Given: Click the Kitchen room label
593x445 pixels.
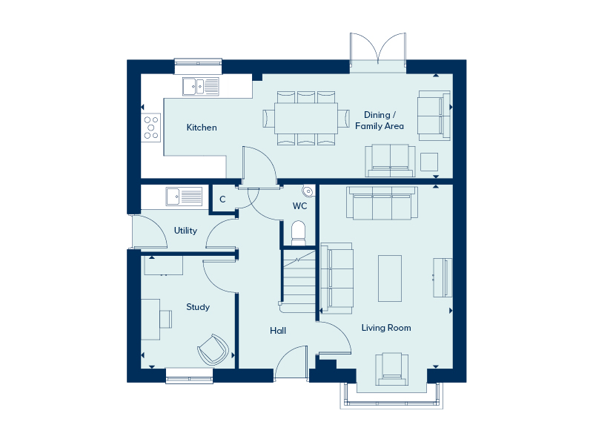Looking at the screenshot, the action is [x=202, y=128].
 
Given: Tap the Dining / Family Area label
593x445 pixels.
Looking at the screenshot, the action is [x=380, y=120].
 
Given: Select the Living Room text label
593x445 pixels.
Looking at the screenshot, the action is [x=386, y=328].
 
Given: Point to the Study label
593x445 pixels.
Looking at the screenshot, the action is [x=198, y=307].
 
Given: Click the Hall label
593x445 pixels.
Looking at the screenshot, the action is [x=278, y=331].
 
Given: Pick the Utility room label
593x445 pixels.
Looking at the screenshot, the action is [x=185, y=231].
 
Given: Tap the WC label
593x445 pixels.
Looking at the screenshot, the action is [x=300, y=206].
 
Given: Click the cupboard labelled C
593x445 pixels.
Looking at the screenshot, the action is [x=222, y=199].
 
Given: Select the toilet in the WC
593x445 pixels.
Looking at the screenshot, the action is [x=299, y=233].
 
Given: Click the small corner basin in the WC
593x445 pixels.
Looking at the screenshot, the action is [x=308, y=191].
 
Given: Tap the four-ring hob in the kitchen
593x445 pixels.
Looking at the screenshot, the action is [x=151, y=128].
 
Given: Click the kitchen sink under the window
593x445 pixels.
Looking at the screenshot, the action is [x=201, y=87].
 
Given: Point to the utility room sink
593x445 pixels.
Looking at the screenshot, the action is [x=184, y=197].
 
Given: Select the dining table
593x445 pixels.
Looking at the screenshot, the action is [x=306, y=118].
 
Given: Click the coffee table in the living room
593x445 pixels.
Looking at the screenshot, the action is [x=390, y=278].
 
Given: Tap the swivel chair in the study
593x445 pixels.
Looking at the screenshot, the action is [x=213, y=349].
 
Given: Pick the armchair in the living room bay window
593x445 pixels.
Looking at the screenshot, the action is [x=392, y=369].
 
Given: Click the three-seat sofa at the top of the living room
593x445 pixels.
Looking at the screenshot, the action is [x=382, y=202].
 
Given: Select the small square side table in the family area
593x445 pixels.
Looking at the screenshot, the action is [x=429, y=162].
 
